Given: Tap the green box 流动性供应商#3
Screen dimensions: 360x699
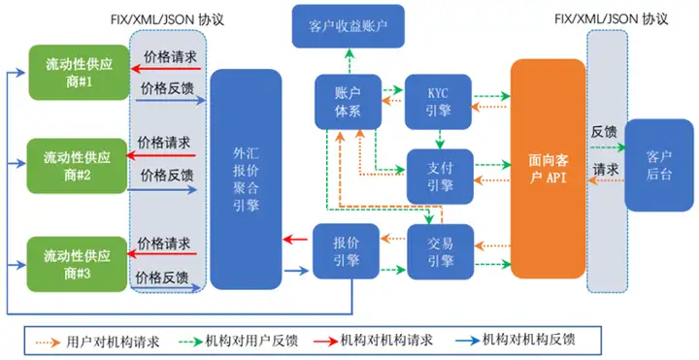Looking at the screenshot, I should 79,262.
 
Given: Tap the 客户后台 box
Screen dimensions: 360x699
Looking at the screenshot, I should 658,165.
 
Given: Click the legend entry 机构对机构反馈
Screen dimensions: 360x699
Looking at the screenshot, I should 529,340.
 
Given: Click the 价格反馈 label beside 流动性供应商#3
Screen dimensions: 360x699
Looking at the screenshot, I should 165,278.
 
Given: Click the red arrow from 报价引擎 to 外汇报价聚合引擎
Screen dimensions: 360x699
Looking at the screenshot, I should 296,239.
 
